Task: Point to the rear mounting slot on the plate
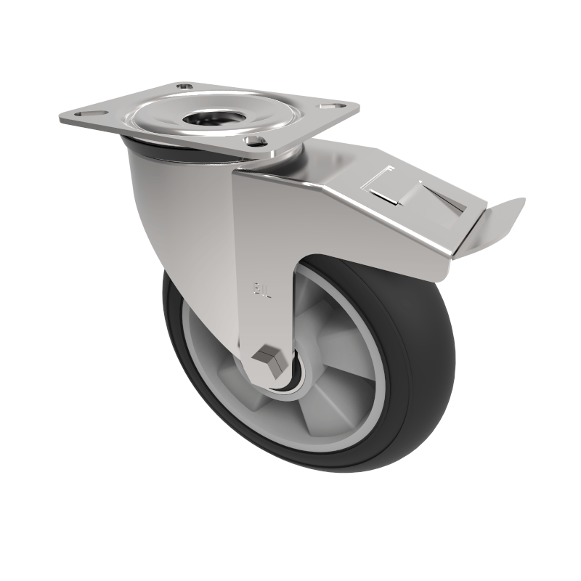(186, 86)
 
